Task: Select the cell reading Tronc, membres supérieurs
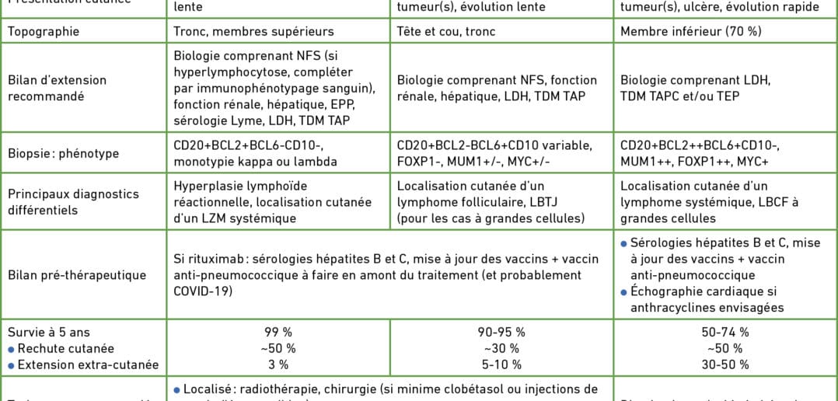click(253, 32)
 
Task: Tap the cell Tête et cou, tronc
click(445, 32)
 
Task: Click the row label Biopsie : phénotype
click(63, 153)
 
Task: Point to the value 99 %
click(277, 333)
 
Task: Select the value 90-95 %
click(501, 333)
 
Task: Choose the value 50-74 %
click(726, 333)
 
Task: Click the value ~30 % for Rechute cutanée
click(501, 348)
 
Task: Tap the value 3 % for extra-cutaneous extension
click(277, 364)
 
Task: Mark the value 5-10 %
click(501, 364)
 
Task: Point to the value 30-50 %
click(726, 364)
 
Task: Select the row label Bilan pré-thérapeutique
click(77, 275)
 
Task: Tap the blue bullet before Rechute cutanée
click(11, 349)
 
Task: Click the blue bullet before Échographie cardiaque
click(624, 292)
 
